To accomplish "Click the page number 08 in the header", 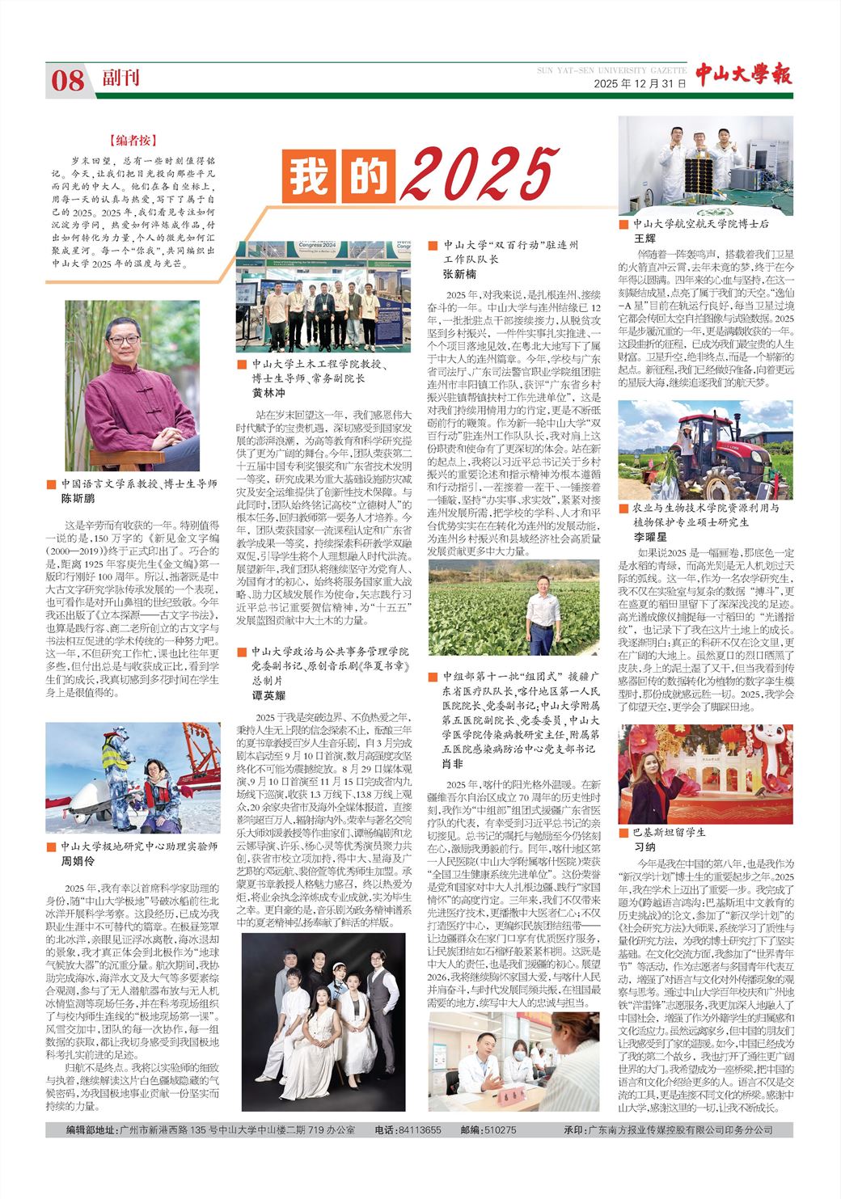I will point(68,80).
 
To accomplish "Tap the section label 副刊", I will point(120,78).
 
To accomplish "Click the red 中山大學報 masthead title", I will point(743,74).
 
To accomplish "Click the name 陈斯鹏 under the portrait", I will point(78,499).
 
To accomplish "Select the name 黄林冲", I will point(269,392).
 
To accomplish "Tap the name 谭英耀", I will point(269,695).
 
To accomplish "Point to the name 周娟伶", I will point(78,862).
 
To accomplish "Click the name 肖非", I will point(453,763).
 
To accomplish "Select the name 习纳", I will point(645,846).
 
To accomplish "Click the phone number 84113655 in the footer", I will point(420,1129).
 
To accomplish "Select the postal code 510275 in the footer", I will point(500,1129).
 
